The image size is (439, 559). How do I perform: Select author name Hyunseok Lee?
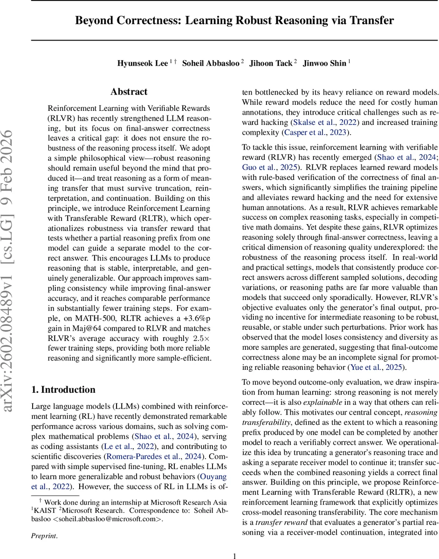(x=142, y=63)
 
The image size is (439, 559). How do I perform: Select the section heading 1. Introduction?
(x=63, y=390)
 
